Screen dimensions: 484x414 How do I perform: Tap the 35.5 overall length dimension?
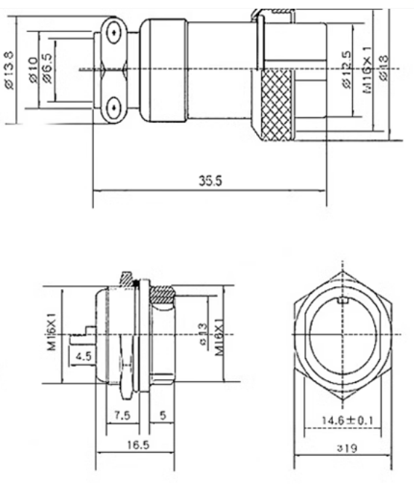coord(209,181)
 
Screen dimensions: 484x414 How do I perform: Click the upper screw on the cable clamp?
coord(113,33)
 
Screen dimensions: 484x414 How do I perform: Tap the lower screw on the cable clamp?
coord(113,108)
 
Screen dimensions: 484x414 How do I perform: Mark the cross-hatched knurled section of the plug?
coord(276,106)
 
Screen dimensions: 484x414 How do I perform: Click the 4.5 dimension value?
coord(82,356)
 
